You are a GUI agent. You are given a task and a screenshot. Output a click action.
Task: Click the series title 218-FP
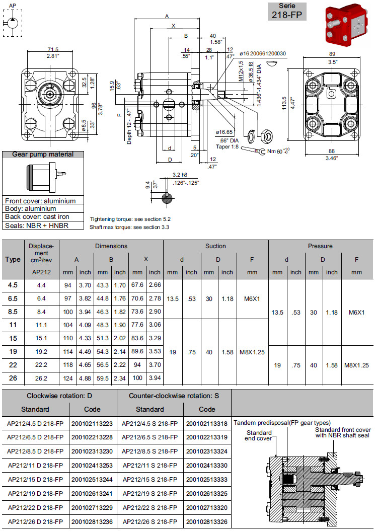(x=287, y=15)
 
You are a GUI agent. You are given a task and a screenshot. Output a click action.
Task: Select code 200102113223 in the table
(x=93, y=423)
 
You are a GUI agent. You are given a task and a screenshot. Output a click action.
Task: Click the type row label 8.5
(x=13, y=312)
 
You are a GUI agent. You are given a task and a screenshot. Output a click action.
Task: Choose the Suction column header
(x=215, y=246)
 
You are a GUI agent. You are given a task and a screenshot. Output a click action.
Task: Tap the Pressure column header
(x=321, y=246)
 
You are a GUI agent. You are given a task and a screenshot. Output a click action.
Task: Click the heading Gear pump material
(x=43, y=155)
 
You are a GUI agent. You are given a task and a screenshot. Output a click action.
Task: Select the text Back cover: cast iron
(x=37, y=217)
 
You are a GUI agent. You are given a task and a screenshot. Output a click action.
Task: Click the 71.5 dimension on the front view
(x=53, y=49)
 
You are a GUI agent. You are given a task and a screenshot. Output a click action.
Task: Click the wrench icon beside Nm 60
(x=252, y=150)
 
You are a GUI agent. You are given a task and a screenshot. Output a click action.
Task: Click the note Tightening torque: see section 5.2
(x=130, y=219)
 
